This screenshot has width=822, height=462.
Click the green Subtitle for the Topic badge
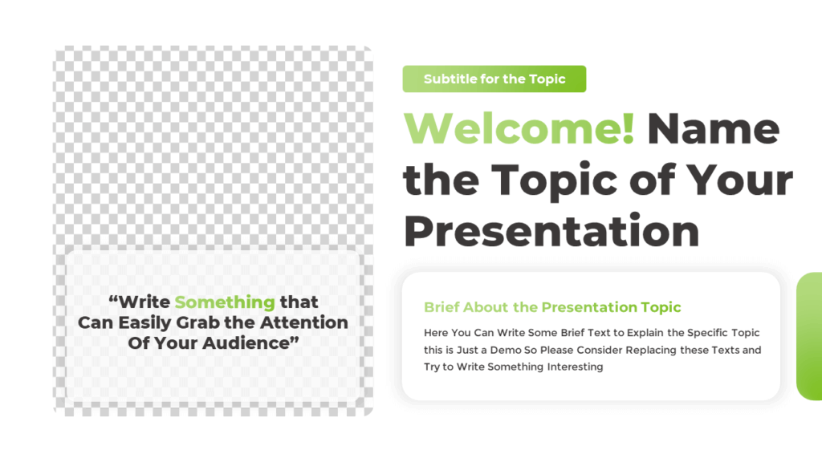[x=494, y=79]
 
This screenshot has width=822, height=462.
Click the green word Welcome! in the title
[x=519, y=128]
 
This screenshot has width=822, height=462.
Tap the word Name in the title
[x=713, y=128]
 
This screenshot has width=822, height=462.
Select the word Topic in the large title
[x=551, y=180]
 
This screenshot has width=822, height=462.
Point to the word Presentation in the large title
[x=551, y=231]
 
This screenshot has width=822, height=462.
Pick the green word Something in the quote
[x=225, y=302]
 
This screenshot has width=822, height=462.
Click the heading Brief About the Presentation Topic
[x=552, y=307]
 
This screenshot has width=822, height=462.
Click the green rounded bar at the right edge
[x=809, y=336]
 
